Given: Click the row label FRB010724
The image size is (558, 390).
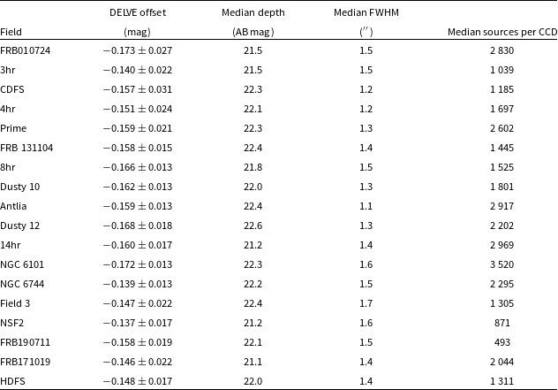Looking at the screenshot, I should point(26,50).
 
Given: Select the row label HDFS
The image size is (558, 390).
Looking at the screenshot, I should point(14,381).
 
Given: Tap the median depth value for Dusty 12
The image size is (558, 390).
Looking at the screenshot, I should point(252,226).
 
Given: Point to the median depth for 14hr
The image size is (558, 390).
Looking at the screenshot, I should point(252,245).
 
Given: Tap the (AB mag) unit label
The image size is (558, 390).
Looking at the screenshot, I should point(252,32).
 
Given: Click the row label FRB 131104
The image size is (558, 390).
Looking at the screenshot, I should point(27,148).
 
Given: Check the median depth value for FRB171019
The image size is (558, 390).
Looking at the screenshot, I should point(252,362).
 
